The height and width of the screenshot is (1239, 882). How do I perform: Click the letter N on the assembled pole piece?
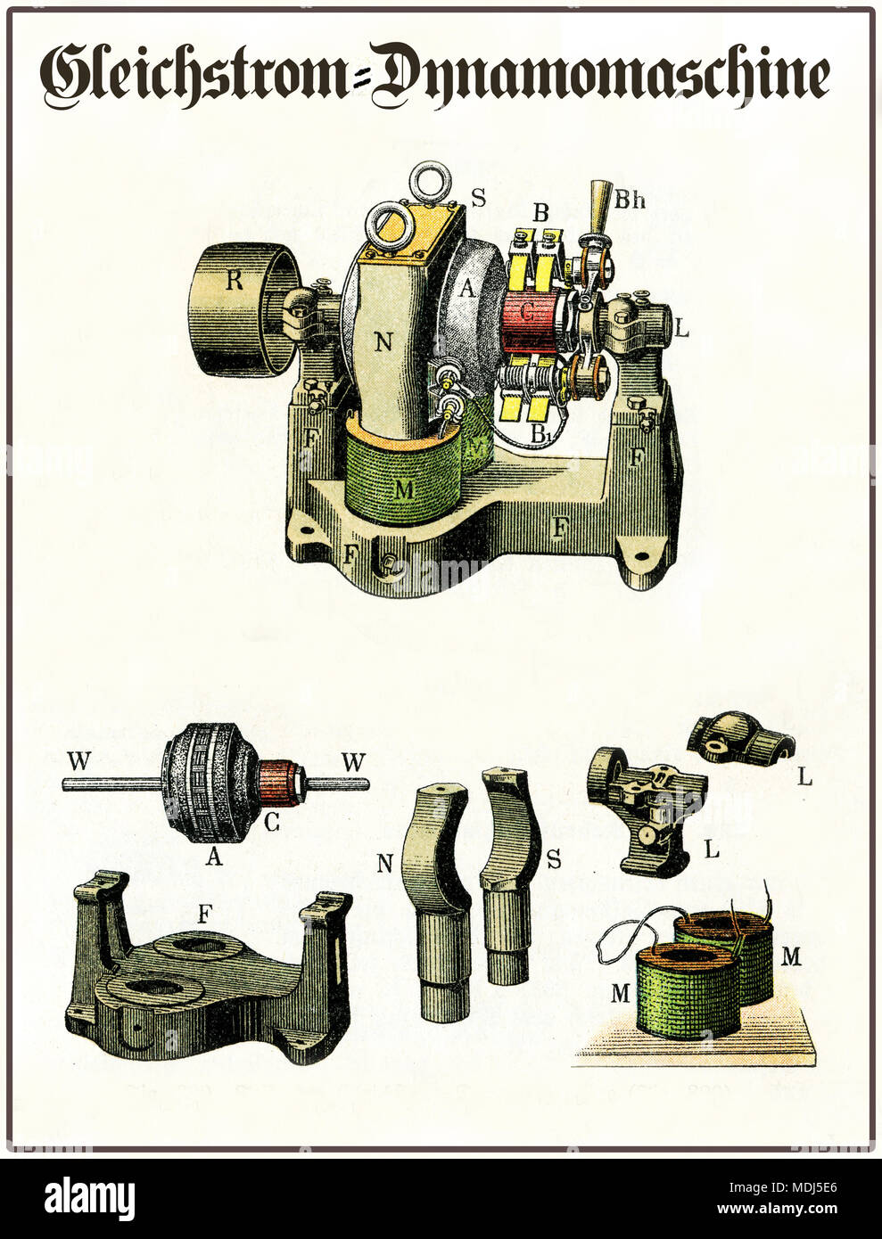click(x=383, y=342)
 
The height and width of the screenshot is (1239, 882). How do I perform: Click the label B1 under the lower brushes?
click(x=539, y=434)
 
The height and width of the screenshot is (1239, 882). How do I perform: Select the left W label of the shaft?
click(x=78, y=763)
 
